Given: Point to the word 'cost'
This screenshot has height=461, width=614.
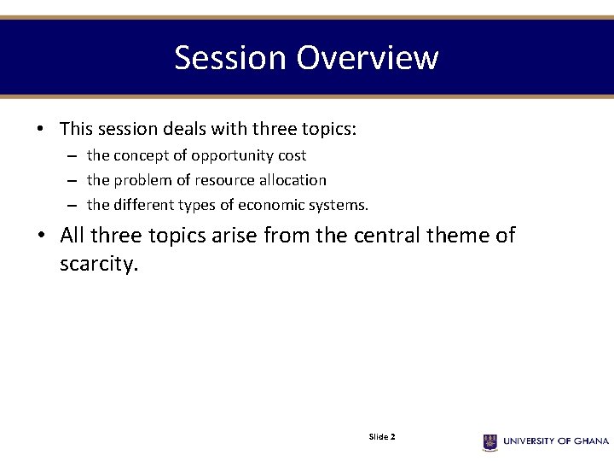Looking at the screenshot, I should coord(291,156).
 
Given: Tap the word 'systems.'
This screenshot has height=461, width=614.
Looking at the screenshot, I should coord(339,206).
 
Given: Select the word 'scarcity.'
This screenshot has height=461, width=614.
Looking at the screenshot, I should coord(98,265).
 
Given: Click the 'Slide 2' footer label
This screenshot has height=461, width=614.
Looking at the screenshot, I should coord(381,437).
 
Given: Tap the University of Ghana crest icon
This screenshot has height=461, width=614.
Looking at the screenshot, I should coord(490,441).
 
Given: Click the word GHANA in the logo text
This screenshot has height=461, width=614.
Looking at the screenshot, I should coord(590,441).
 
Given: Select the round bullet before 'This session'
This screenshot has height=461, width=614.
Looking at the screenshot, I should coord(40,130).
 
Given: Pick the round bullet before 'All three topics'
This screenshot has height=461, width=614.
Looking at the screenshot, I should coord(40,236).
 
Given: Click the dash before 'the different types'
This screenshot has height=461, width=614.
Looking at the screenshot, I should coord(73,206).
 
